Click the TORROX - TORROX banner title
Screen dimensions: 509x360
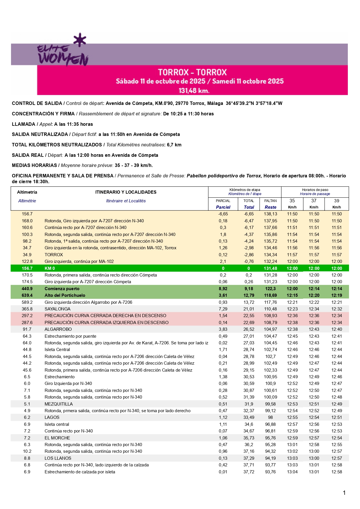tap(192, 72)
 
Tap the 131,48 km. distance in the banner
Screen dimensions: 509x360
tap(194, 91)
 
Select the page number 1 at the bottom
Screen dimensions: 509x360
tap(344, 493)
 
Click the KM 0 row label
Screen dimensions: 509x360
tap(50, 268)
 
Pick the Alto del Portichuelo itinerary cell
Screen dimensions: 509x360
tap(65, 295)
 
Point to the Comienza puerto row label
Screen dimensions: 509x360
tap(62, 289)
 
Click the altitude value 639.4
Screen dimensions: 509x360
tap(27, 295)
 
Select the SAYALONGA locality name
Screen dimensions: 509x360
tap(57, 309)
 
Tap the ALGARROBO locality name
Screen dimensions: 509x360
tap(58, 329)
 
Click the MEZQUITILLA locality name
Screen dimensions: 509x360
tap(59, 404)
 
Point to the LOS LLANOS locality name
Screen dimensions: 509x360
tap(58, 458)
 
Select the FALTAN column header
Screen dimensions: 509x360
tap(270, 201)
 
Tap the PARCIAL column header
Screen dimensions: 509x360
tap(223, 201)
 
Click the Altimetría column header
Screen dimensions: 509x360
tap(27, 192)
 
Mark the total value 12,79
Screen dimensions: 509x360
tap(249, 295)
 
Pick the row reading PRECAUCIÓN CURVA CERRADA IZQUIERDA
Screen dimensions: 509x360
tap(106, 323)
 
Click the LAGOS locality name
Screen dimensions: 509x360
tap(52, 417)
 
